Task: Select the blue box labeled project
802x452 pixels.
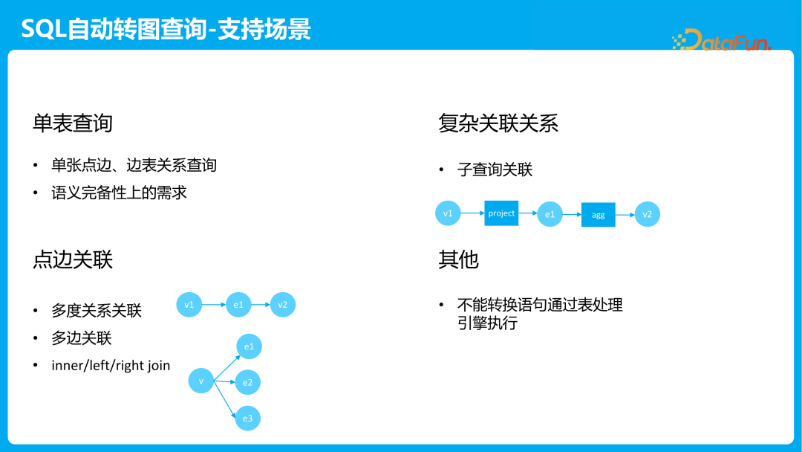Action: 501,213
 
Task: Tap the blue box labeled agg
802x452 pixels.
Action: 599,215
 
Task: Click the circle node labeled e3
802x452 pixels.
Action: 248,419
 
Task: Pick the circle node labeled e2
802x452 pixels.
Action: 248,383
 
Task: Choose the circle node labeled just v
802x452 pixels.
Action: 201,381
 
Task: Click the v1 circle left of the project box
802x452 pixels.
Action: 448,213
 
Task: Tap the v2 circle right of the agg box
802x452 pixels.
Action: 648,214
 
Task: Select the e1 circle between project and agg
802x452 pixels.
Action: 550,214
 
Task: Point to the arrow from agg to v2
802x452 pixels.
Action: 625,215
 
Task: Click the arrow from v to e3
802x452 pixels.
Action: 225,400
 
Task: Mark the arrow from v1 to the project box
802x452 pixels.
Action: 472,213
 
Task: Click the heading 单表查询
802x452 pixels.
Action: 72,123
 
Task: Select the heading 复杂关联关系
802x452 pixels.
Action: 498,123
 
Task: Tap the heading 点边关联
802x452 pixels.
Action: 72,259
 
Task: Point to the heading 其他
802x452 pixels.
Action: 458,259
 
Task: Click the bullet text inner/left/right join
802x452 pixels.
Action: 111,365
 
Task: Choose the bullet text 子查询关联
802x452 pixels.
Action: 495,169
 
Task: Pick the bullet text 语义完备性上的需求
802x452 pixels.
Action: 119,193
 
